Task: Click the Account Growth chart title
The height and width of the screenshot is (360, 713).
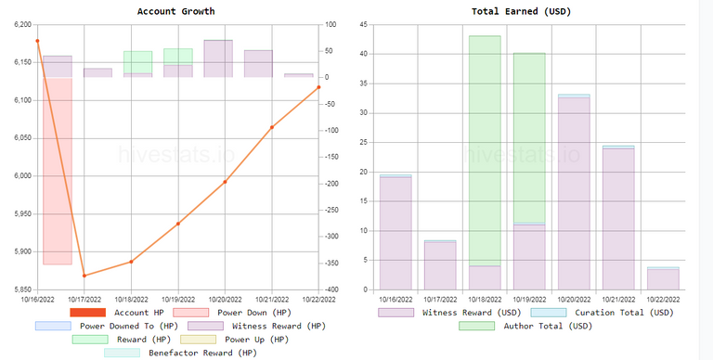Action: point(176,11)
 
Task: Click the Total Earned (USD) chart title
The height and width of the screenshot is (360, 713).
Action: point(521,11)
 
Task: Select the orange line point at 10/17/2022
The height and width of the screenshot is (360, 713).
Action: point(84,276)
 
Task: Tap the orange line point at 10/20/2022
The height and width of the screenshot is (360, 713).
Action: point(225,182)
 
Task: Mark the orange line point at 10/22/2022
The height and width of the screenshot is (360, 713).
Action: point(318,87)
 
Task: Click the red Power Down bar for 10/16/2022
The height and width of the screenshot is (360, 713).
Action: point(58,171)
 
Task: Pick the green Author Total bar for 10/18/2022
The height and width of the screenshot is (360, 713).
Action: point(485,151)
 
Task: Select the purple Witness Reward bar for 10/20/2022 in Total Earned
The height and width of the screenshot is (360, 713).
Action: point(574,194)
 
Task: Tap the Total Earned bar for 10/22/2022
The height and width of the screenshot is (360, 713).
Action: point(663,278)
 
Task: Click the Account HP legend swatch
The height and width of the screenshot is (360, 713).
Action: point(88,313)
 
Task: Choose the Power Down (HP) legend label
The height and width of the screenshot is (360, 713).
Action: point(254,313)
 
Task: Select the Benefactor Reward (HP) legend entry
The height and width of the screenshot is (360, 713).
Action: point(180,353)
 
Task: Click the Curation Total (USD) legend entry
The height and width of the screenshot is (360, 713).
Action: point(602,313)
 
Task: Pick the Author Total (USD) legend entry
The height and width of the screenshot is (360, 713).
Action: point(525,326)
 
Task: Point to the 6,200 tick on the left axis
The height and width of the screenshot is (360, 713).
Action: point(23,24)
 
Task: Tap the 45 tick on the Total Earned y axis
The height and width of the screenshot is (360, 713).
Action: point(363,24)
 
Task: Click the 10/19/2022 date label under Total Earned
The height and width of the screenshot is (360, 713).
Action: point(529,300)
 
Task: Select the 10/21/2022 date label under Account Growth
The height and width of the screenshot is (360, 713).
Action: point(272,300)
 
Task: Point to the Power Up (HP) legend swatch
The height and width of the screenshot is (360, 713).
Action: point(199,340)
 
